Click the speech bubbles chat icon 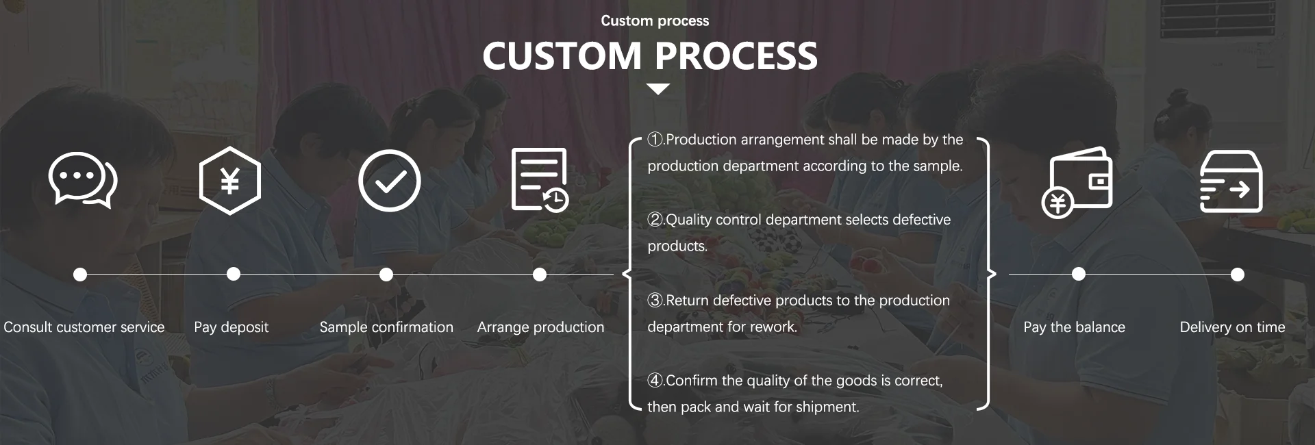83,180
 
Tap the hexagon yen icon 230,181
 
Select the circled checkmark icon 389,181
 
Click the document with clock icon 540,180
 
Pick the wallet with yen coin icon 1077,182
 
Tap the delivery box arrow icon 1231,181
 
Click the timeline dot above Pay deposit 234,275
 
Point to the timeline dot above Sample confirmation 386,275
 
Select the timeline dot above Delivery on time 1237,275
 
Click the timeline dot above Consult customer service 80,275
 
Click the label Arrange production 540,327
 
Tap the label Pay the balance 1074,327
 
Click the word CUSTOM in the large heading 562,56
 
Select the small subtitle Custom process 655,21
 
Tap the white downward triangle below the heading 657,89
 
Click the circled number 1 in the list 655,140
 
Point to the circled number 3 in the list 655,301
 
